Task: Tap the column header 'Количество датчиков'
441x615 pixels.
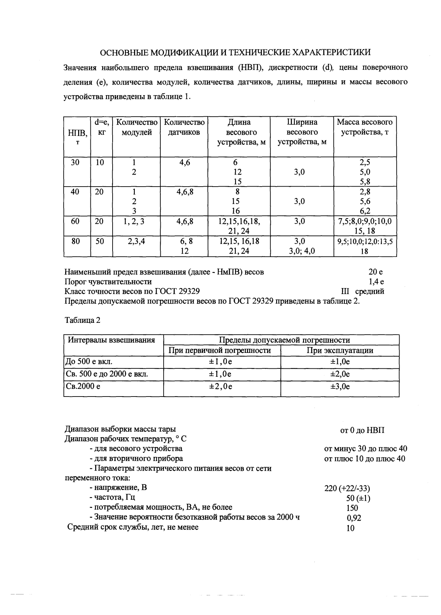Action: tap(184, 127)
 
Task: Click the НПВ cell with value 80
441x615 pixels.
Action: tap(75, 241)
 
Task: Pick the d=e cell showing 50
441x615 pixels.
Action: tap(100, 241)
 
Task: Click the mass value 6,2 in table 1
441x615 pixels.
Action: tap(365, 211)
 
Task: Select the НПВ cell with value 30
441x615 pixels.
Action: tap(75, 162)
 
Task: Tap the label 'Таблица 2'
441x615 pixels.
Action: tap(82, 320)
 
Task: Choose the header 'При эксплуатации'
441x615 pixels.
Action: tap(340, 350)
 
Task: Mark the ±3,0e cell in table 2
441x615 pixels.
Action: tap(340, 387)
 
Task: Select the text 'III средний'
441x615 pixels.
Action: tap(364, 291)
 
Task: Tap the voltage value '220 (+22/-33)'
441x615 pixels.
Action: tap(347, 488)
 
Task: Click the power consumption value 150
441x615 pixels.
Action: tap(352, 508)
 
